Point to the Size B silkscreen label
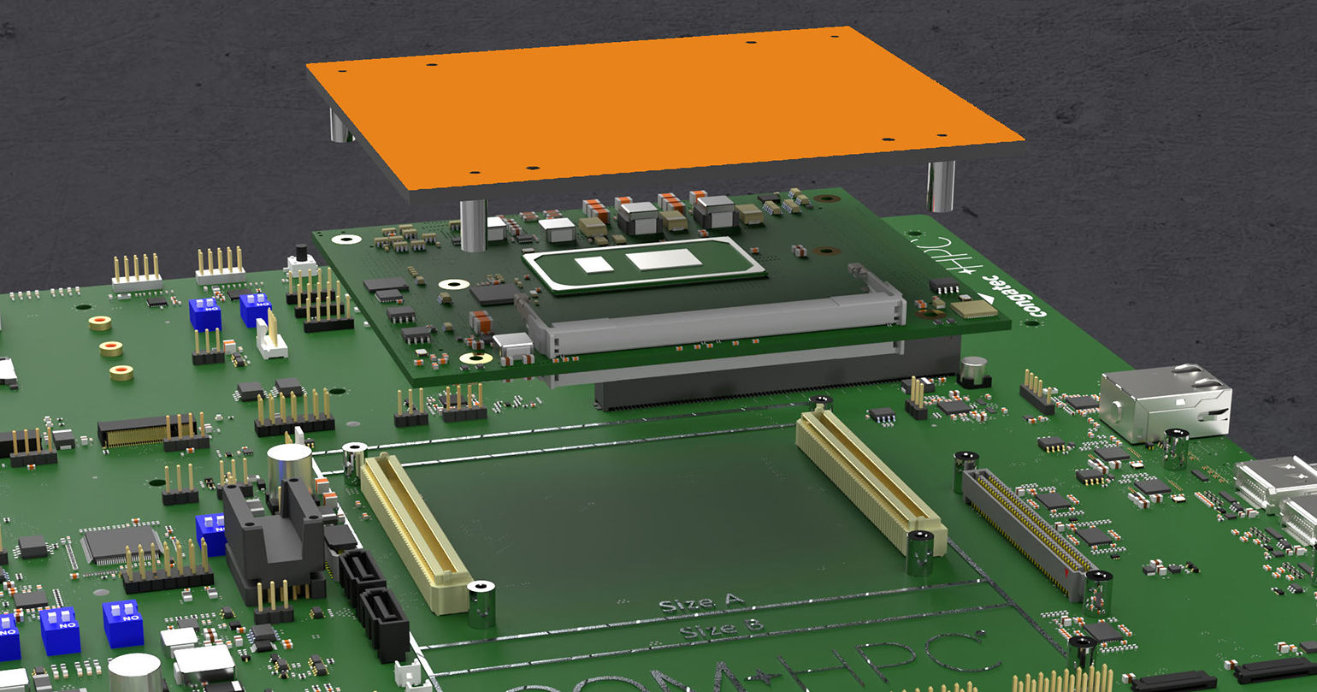point(721,630)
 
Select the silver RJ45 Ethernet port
point(1163,402)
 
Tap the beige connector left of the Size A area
point(415,530)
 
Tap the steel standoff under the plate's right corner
point(941,185)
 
